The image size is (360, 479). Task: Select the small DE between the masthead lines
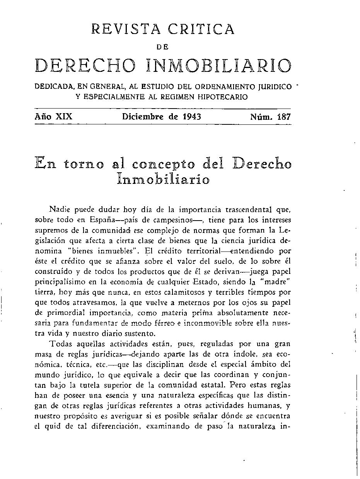click(x=163, y=47)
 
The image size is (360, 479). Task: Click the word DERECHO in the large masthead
click(x=85, y=66)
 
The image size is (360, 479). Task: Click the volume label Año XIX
click(x=53, y=116)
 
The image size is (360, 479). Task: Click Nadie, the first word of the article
click(x=58, y=210)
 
